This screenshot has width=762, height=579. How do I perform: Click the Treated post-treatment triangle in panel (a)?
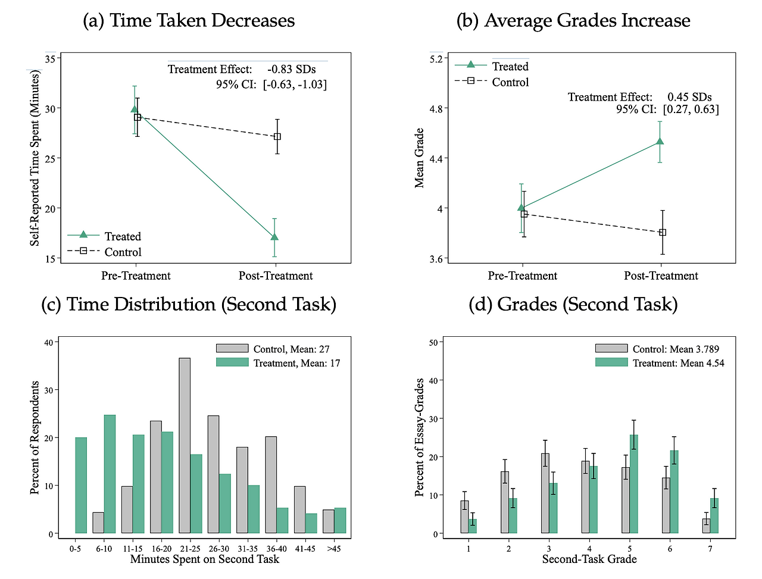coord(274,237)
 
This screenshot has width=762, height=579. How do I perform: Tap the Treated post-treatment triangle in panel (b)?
coord(660,142)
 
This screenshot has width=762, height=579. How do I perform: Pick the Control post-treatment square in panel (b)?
coord(663,233)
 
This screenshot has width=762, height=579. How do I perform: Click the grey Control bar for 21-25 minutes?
coord(185,446)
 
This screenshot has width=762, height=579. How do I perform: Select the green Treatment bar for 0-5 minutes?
coord(81,486)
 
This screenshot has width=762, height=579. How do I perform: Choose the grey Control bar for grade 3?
coord(545,493)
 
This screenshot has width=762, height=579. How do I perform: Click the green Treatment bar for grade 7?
coord(714,516)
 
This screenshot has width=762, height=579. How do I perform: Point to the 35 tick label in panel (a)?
coord(50,58)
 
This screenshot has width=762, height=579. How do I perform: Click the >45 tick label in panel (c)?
coord(333,548)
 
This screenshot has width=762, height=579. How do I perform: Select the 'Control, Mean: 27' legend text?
coord(291,349)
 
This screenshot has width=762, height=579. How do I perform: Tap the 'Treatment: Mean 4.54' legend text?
coord(678,363)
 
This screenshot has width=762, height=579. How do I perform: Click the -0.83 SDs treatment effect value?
coord(292,70)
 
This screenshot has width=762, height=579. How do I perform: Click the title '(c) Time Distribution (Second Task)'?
coord(189,304)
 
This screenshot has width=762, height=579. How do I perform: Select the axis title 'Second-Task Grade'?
coord(589,559)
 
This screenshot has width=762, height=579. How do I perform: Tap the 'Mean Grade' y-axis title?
coord(419,158)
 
